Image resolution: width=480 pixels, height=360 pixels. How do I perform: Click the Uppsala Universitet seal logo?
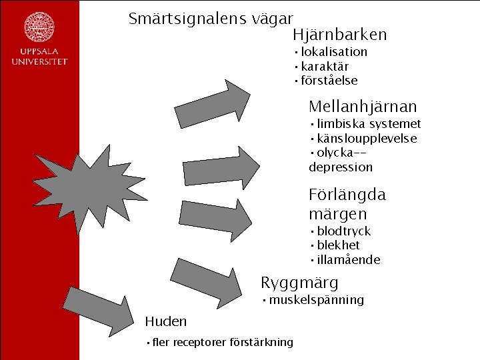click(39, 27)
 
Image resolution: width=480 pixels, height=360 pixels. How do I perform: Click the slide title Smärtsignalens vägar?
click(211, 19)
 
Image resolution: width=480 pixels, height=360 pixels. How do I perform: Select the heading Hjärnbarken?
click(339, 35)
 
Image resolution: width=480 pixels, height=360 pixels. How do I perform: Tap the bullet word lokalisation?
click(333, 52)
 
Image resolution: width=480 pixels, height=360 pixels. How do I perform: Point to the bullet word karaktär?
click(325, 67)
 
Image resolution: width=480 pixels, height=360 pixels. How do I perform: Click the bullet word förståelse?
click(329, 81)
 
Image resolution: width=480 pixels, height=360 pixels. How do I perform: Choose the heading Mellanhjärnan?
click(363, 106)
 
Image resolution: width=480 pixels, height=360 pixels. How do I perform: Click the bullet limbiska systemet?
click(369, 124)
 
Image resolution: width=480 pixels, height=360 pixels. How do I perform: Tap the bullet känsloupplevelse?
click(367, 139)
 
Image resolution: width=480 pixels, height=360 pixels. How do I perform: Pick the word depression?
click(341, 167)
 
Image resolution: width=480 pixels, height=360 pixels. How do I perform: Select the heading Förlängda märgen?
click(347, 204)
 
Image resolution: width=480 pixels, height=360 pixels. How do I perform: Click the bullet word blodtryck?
click(343, 231)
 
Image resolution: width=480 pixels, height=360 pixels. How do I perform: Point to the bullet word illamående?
click(349, 260)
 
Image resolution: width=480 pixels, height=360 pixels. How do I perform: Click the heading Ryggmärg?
click(299, 282)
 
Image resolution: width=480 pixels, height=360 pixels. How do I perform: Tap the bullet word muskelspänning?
click(317, 300)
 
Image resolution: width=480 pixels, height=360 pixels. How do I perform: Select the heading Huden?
click(166, 321)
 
